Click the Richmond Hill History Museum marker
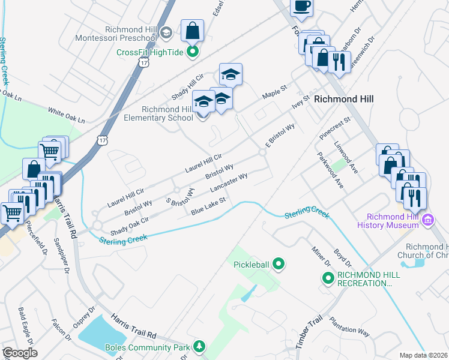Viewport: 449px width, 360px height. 427,220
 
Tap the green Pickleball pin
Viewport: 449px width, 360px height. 278,263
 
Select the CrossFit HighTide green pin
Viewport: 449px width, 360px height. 193,52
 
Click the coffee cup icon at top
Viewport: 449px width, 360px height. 301,6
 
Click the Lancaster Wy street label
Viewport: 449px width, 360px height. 229,183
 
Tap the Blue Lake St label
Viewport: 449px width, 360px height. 208,206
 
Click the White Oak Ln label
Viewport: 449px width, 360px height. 64,112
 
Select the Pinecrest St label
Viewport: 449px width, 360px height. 334,129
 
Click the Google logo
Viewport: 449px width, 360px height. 19,353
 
